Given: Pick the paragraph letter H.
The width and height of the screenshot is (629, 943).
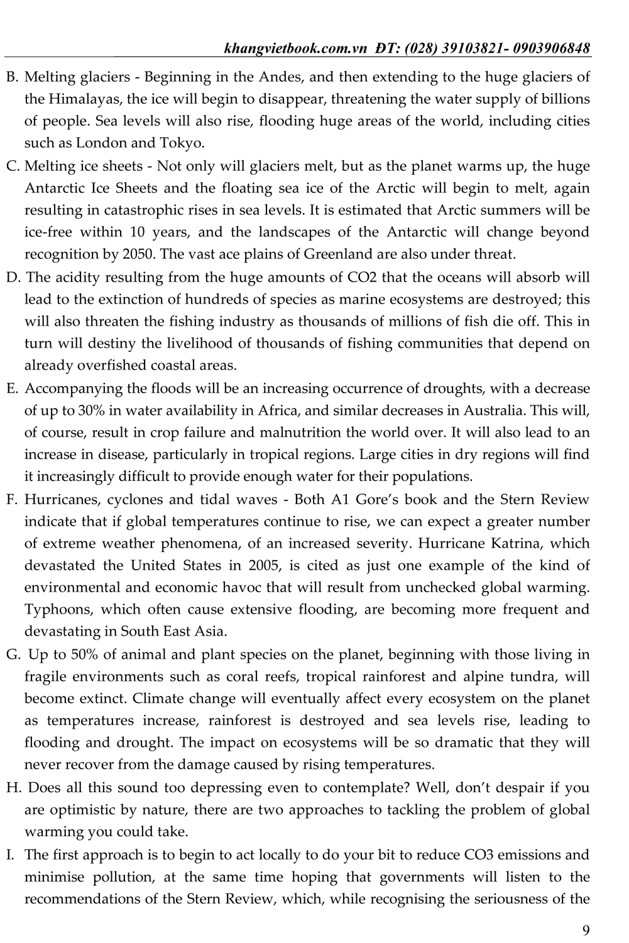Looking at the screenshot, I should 12,788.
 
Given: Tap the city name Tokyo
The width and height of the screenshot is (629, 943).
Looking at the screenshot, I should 185,143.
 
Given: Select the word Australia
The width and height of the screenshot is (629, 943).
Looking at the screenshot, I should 494,411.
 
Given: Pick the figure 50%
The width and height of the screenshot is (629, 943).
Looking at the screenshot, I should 84,654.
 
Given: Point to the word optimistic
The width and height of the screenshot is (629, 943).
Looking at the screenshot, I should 77,810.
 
